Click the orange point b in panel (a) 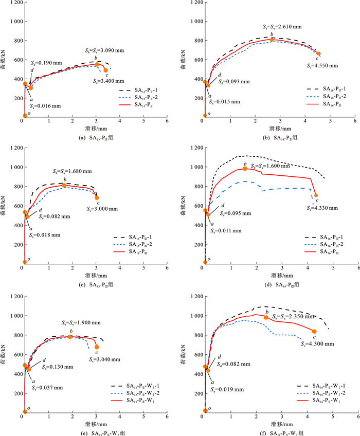[96, 65]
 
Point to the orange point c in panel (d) [316, 195]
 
